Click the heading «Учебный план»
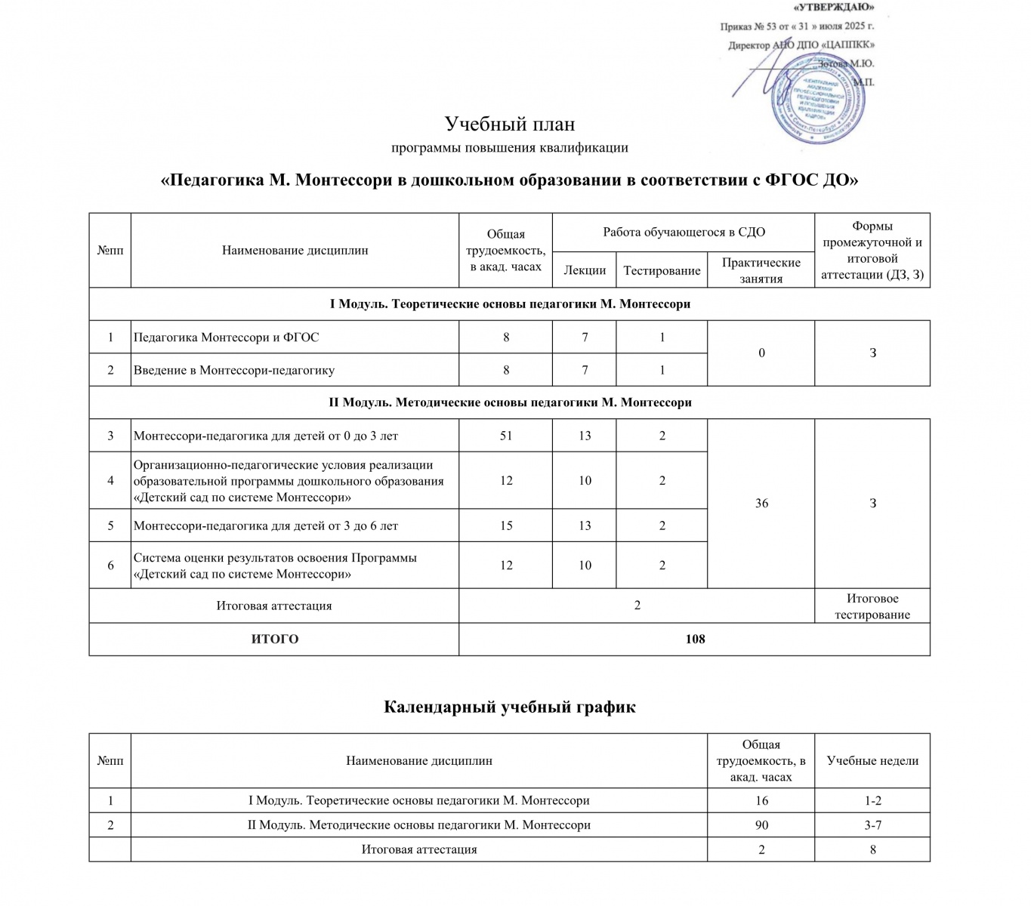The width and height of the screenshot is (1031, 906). (x=510, y=124)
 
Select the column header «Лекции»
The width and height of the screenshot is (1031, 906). (x=585, y=270)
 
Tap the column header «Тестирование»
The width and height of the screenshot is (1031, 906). (x=662, y=270)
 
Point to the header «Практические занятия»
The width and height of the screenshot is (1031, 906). (x=761, y=270)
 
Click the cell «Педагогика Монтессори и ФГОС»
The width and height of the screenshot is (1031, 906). (x=227, y=337)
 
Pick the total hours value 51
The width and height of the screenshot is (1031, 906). (x=506, y=436)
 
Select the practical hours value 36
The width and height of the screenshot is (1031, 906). (x=761, y=503)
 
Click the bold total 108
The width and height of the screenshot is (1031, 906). (x=694, y=639)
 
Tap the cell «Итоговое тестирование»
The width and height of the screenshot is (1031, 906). (x=872, y=606)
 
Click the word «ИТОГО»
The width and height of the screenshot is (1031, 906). (x=274, y=639)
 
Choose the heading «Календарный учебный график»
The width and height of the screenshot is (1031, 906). (x=510, y=707)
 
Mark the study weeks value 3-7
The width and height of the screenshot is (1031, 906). (x=872, y=825)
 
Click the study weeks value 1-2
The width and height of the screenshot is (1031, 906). (x=872, y=800)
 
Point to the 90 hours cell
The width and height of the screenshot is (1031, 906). (x=761, y=825)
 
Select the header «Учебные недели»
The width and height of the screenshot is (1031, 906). (x=872, y=760)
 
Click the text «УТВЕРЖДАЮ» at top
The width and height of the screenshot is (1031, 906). (x=834, y=8)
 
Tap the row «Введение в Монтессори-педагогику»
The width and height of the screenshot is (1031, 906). (x=234, y=370)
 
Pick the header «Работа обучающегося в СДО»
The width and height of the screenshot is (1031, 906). (x=684, y=232)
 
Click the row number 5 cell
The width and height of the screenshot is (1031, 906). (x=110, y=525)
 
